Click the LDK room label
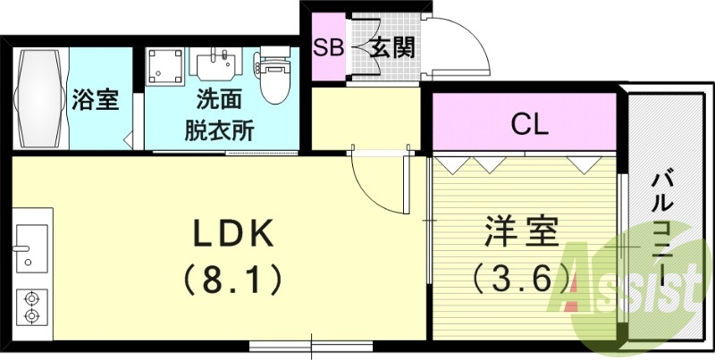point(233,234)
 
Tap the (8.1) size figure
point(233,280)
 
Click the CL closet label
point(529,125)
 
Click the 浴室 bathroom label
point(96,100)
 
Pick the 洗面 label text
point(219,100)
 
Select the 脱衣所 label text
point(219,130)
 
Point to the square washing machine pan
point(164,65)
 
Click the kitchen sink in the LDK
point(30,247)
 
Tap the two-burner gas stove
point(31,306)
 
